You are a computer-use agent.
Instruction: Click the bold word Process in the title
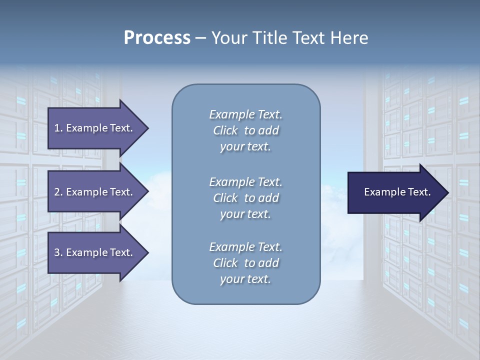click(x=157, y=38)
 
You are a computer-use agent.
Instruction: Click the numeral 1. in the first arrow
click(x=58, y=128)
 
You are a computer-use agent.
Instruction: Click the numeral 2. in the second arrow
click(x=58, y=192)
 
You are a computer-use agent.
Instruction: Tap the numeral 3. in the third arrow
click(x=58, y=252)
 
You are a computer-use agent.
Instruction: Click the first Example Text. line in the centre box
click(x=245, y=115)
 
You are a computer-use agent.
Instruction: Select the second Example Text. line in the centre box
click(x=245, y=182)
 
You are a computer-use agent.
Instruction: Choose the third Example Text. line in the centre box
click(x=245, y=247)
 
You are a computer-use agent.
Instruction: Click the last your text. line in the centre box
click(x=245, y=279)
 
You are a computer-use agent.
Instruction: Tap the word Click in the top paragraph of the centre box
click(x=225, y=131)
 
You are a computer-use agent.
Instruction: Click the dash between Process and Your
click(x=200, y=38)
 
